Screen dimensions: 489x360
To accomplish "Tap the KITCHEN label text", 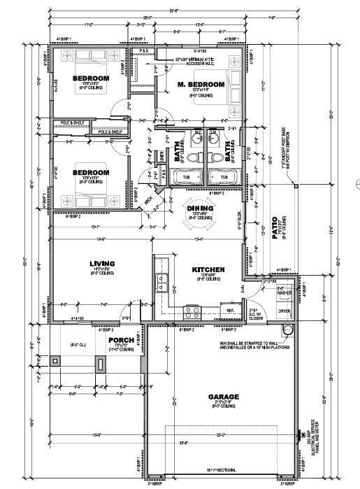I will [x=208, y=269].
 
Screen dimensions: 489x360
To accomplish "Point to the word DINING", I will [x=200, y=207].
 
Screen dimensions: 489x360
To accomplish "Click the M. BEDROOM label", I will [x=201, y=85].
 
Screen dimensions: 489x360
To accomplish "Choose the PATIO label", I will [x=275, y=227].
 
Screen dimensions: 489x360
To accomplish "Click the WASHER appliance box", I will [x=285, y=291].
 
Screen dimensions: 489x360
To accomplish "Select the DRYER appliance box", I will [x=285, y=311].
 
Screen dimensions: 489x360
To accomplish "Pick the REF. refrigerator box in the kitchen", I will [x=230, y=309].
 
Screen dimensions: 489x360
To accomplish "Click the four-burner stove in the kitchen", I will [x=192, y=311].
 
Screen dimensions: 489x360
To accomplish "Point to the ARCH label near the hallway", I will [x=148, y=198].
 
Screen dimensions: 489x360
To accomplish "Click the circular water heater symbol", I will [x=285, y=332].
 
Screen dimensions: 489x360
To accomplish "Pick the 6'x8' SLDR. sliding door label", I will [x=240, y=225].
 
